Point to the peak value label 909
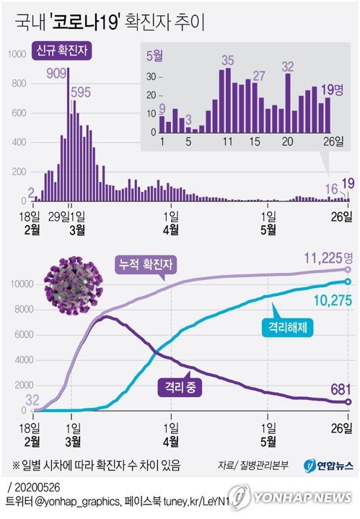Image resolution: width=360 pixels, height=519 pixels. (56, 73)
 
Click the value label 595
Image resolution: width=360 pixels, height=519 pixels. (81, 92)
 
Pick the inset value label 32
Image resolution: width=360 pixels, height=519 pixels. (288, 67)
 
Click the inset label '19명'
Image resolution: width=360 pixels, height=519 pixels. (331, 90)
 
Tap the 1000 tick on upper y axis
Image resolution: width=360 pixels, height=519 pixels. (15, 53)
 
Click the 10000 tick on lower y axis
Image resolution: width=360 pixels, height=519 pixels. (17, 284)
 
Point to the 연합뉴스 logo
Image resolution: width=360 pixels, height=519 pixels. (328, 465)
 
